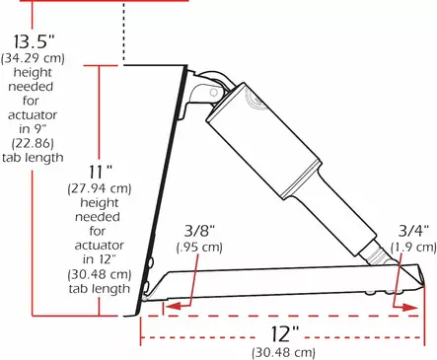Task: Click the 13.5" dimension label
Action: [x=36, y=43]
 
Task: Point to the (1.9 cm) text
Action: [x=412, y=247]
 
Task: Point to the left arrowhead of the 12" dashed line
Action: [x=147, y=334]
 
